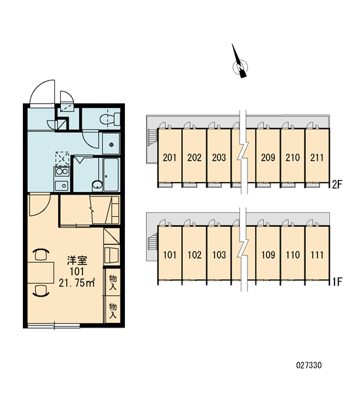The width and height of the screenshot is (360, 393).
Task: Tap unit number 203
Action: tap(219, 158)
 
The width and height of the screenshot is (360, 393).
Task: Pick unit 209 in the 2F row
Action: tap(268, 158)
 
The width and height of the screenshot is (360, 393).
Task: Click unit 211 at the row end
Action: tap(317, 158)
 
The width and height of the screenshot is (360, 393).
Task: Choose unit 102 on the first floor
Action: tap(194, 255)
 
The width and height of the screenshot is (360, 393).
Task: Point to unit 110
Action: tap(293, 255)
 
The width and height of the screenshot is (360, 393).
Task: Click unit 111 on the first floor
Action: tap(317, 255)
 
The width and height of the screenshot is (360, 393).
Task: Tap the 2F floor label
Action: tap(337, 185)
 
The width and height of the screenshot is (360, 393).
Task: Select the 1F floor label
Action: tap(337, 282)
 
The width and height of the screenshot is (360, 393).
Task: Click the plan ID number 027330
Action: tap(309, 365)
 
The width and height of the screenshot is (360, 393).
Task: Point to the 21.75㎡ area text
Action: tap(77, 283)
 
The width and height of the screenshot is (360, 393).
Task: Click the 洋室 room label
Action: tap(77, 261)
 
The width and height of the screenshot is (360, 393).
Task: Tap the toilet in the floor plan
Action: tap(110, 119)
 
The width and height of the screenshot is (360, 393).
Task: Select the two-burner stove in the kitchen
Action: tap(62, 172)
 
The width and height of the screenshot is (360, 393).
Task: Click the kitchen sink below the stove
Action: tap(62, 186)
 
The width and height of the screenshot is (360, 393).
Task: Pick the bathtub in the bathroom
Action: tap(111, 175)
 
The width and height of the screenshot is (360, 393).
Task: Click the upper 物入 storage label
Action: tap(113, 282)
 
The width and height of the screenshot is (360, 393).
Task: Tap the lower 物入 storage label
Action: tap(113, 310)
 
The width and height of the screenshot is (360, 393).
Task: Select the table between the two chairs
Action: tap(41, 272)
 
